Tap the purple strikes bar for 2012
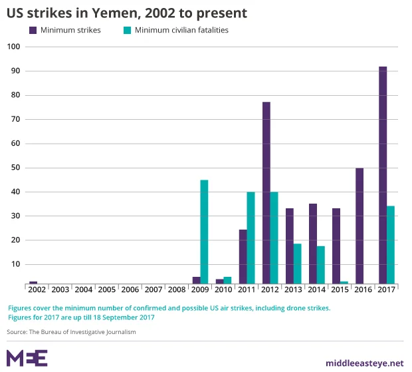click(266, 192)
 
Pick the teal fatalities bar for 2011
click(251, 238)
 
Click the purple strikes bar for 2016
click(360, 226)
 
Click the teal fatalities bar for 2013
click(297, 264)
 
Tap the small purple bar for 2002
click(33, 282)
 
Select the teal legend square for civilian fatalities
click(127, 30)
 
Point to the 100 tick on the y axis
click(15, 47)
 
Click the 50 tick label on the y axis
click(15, 168)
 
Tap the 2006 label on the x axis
click(130, 289)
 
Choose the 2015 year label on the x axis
click(340, 289)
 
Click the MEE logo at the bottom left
click(27, 357)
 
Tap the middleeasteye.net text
click(364, 363)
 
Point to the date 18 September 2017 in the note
click(118, 317)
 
